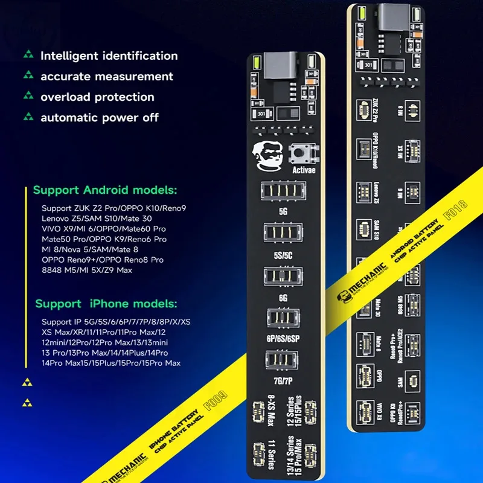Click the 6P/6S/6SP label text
pos(286,339)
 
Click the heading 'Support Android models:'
pos(105,190)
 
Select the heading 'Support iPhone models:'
pos(106,303)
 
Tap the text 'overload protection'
pos(97,97)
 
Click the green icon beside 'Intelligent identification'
pos(28,56)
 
